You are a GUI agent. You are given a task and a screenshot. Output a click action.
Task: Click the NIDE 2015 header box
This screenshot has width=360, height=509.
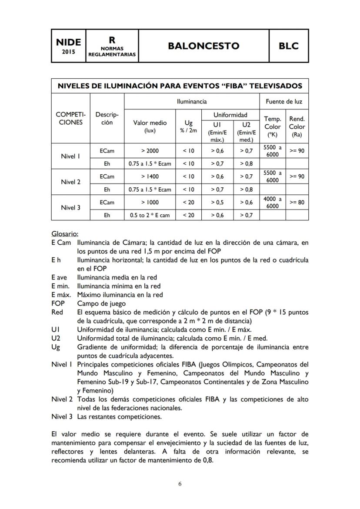point(69,46)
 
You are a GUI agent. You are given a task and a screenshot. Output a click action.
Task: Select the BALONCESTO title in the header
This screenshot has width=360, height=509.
point(203,46)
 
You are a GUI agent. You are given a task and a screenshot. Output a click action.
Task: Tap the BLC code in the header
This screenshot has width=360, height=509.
point(289,46)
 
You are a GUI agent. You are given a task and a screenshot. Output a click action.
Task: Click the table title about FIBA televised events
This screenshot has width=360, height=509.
point(180,86)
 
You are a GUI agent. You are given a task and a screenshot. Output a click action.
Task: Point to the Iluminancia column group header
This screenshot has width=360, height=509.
point(192,101)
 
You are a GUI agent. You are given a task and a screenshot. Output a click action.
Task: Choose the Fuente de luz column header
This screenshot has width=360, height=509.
point(284,101)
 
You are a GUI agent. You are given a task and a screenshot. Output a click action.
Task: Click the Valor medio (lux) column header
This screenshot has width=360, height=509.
point(150,126)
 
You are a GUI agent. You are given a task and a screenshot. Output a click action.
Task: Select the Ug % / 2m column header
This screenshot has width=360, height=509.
point(188,126)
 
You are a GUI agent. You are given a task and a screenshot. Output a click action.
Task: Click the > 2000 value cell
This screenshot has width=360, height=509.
point(150,151)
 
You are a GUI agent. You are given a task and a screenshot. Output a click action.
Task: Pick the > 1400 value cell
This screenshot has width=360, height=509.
point(150,176)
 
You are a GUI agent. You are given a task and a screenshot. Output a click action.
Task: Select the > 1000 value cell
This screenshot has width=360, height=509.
point(150,202)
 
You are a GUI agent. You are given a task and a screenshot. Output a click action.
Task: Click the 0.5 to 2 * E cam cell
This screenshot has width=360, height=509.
point(150,215)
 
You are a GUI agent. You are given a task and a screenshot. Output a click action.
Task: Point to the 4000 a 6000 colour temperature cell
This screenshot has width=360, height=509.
point(272,203)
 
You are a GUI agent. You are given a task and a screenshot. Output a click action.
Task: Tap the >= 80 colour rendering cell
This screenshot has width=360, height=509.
point(297,202)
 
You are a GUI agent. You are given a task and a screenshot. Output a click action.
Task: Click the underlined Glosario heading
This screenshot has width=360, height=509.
point(64,233)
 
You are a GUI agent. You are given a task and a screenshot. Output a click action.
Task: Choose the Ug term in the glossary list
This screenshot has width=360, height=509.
point(55,347)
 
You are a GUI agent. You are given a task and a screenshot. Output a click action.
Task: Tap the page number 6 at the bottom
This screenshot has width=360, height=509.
point(180,484)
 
